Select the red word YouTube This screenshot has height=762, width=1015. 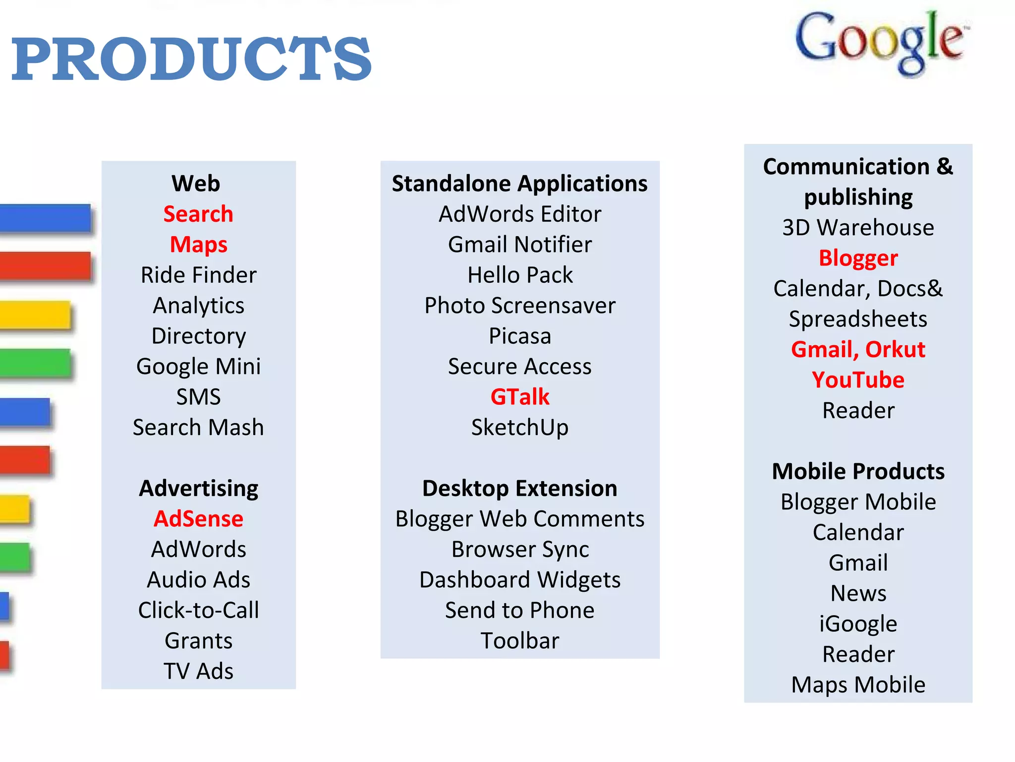point(858,380)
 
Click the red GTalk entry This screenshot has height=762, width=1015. point(520,397)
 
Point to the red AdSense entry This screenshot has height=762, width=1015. point(198,519)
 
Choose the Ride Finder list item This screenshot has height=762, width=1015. point(198,275)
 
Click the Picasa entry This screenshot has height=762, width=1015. point(520,336)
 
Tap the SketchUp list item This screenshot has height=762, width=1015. point(520,428)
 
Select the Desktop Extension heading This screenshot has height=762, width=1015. point(520,489)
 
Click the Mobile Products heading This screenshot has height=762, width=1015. point(858,471)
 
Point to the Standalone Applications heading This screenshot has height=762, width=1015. point(520,184)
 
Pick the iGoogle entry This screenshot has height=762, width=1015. point(858,624)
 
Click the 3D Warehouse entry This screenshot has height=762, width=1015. point(858,228)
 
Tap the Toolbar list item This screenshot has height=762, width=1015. point(520,641)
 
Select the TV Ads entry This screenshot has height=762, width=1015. point(198,671)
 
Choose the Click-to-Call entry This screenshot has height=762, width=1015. point(198,610)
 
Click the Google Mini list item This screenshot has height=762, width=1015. point(198,367)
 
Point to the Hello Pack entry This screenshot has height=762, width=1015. point(520,275)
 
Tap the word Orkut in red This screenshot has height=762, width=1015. point(895,350)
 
